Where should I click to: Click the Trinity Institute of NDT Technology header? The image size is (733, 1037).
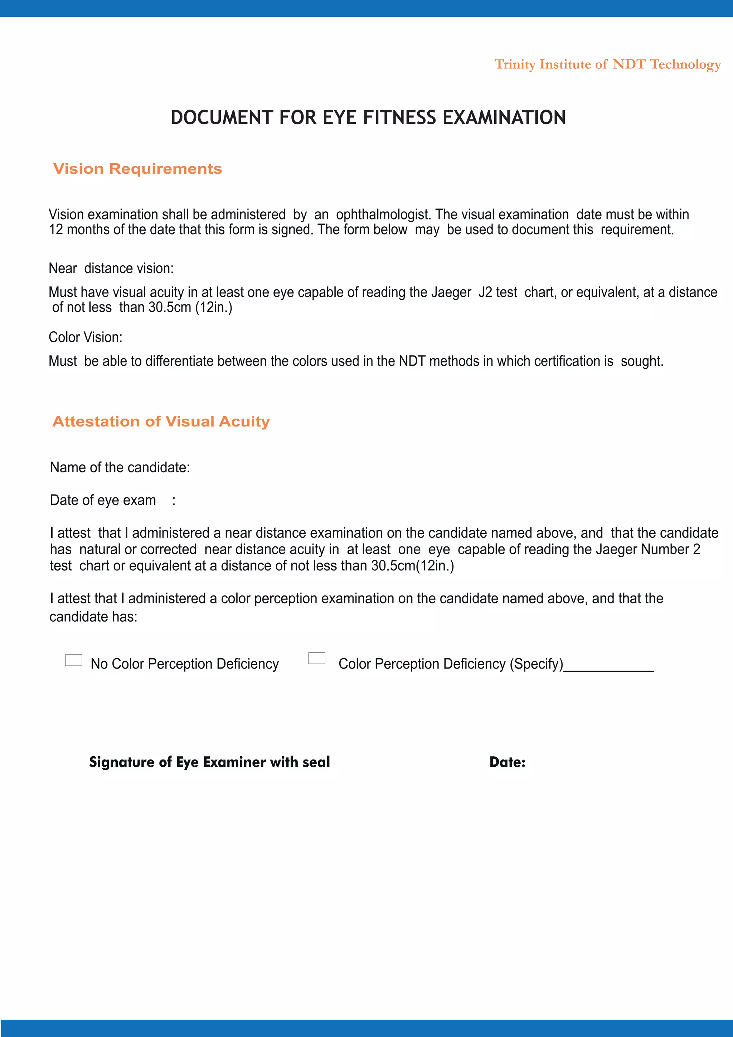(x=607, y=64)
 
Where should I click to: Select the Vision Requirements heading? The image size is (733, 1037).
(x=138, y=169)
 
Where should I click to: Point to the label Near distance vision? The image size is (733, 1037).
(x=111, y=268)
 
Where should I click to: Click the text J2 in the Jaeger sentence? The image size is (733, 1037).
(x=485, y=292)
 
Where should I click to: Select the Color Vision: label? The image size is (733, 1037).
(x=85, y=337)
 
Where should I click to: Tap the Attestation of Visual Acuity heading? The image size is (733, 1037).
(x=161, y=421)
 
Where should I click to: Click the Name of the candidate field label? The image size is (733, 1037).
(x=120, y=467)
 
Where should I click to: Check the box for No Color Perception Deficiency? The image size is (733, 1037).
(x=74, y=660)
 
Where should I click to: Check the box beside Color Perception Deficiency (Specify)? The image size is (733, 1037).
(x=316, y=658)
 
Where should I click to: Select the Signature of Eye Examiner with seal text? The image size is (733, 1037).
(x=209, y=762)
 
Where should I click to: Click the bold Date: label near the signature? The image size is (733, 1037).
(x=507, y=762)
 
